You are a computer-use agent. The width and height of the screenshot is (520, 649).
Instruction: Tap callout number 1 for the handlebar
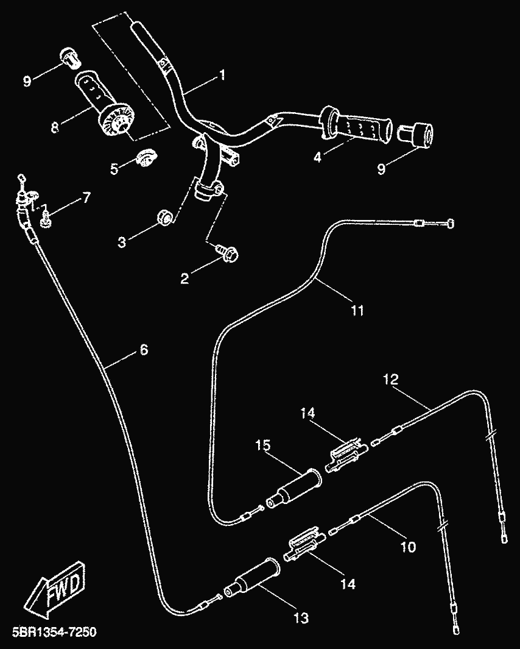click(x=222, y=76)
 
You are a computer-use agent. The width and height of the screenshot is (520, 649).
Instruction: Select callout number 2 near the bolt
click(x=184, y=278)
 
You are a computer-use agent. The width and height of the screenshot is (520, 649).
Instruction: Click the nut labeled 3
click(x=163, y=216)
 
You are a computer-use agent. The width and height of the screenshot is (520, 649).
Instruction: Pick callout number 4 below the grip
click(x=317, y=156)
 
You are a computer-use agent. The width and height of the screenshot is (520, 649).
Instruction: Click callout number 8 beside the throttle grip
click(x=55, y=128)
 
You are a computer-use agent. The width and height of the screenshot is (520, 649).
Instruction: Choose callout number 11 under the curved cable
click(x=357, y=310)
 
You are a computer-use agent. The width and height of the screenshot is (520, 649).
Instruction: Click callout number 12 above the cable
click(x=390, y=380)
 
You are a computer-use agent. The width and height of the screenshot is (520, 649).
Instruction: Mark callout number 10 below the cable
click(x=409, y=547)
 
